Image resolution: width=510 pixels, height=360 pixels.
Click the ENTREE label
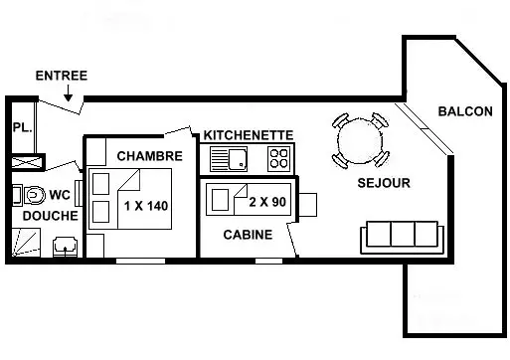[62, 76]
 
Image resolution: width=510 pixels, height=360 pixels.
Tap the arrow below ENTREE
[68, 92]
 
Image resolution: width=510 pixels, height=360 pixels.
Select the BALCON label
[465, 111]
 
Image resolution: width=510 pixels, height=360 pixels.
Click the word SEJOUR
[384, 183]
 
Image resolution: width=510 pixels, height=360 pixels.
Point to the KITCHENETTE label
[249, 135]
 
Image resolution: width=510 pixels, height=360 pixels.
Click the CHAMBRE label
[150, 156]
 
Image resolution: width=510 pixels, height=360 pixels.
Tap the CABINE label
[248, 235]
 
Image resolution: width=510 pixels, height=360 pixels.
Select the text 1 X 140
[146, 206]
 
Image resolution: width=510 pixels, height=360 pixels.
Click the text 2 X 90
[267, 202]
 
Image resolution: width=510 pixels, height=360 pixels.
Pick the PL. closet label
[23, 127]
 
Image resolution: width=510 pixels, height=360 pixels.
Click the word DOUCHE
[51, 216]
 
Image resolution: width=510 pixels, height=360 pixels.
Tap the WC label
[60, 195]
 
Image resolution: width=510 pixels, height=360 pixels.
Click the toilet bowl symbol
[35, 196]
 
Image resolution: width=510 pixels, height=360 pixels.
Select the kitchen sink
[229, 159]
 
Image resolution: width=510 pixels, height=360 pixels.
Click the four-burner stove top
[279, 158]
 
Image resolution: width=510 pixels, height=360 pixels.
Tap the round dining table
[360, 140]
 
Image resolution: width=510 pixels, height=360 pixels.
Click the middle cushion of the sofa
[403, 234]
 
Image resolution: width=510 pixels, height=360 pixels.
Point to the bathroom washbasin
[66, 247]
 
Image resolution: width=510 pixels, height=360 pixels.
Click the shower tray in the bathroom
[26, 243]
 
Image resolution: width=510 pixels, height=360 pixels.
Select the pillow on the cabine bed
[220, 200]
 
